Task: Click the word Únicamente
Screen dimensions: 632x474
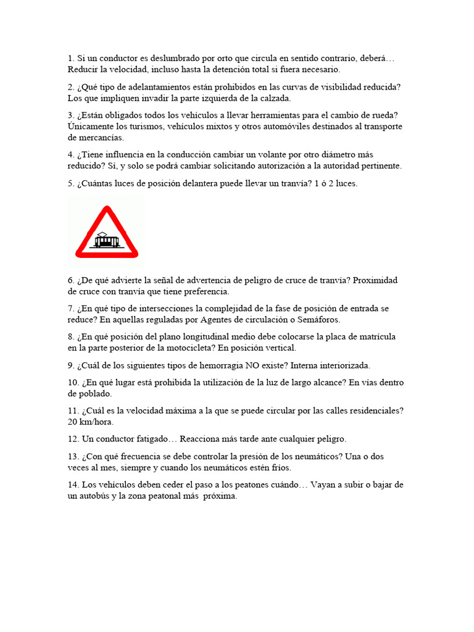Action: pyautogui.click(x=92, y=127)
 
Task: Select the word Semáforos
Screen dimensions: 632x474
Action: pyautogui.click(x=320, y=320)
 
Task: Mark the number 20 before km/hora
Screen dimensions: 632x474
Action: pyautogui.click(x=73, y=422)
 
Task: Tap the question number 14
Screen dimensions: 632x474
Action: pyautogui.click(x=73, y=485)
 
